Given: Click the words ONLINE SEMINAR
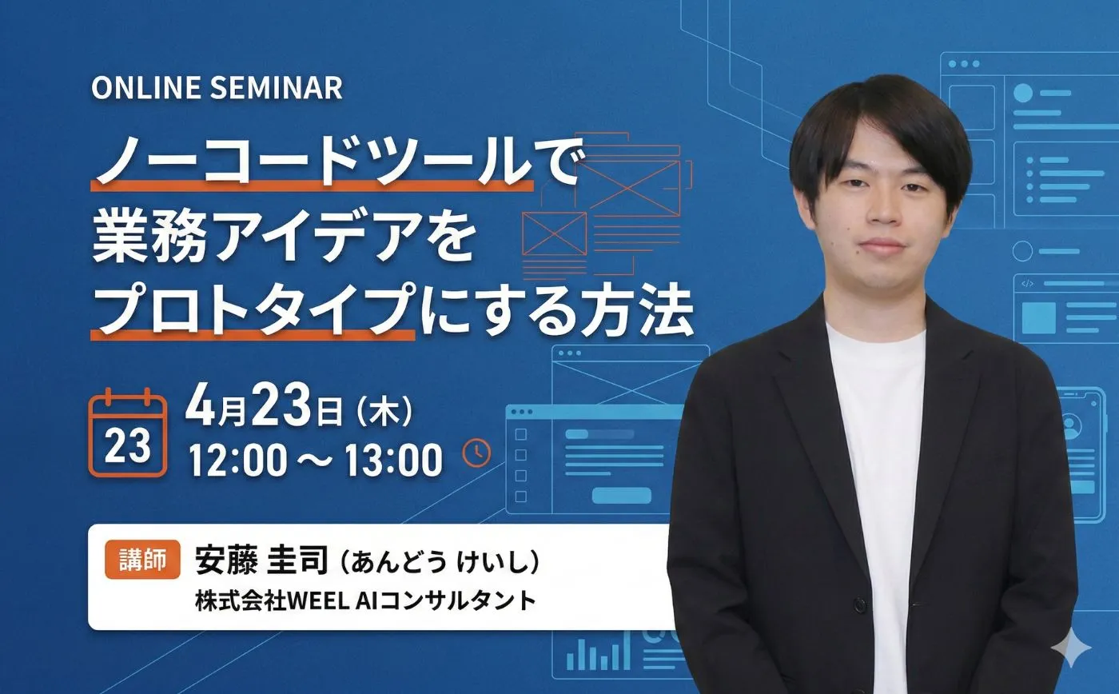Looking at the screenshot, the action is coord(217,88).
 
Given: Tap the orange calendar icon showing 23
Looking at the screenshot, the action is coord(127,433).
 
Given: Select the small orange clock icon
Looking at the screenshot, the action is coord(476,453).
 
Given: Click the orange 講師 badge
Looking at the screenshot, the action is coord(142,559).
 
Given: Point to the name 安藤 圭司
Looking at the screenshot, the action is coord(261,560).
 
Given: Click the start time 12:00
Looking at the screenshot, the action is coord(238,460).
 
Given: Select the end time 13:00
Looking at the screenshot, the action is coord(393,460).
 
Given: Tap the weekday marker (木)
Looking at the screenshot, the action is coord(384,412).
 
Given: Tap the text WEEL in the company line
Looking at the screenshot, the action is coord(318,601).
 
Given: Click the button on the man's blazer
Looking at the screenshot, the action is coord(858,604).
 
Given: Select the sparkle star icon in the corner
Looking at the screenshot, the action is coord(1071,648).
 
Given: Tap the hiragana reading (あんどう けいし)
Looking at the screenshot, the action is coord(440,562).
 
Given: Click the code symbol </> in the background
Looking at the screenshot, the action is coord(1027,284).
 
